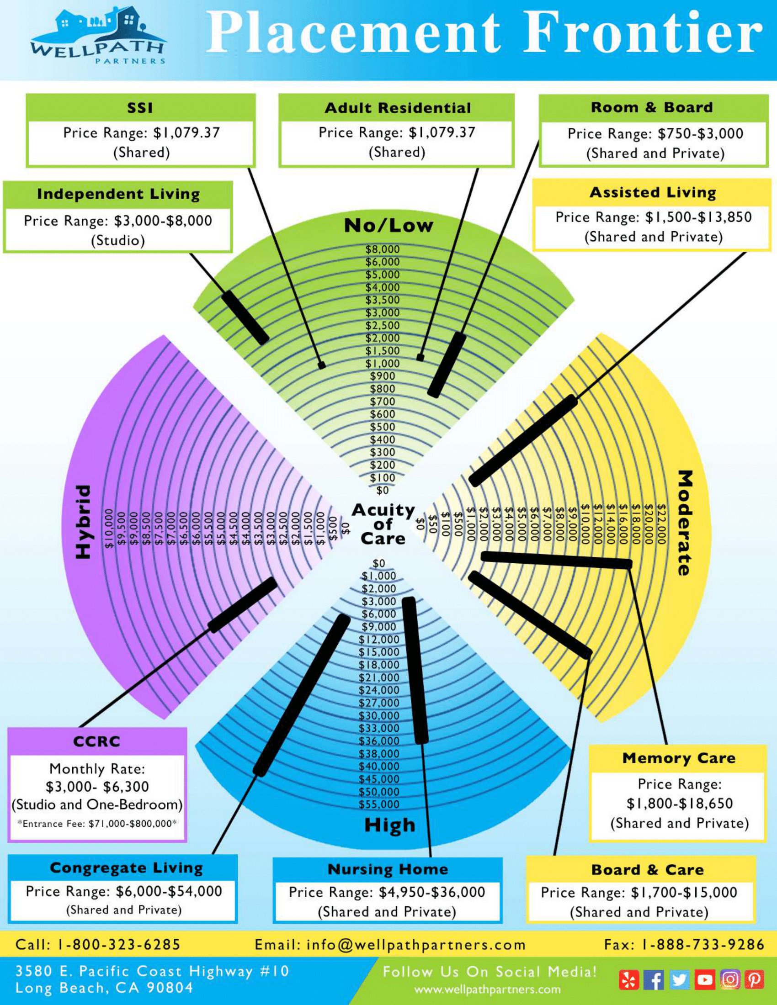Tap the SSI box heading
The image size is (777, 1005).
pyautogui.click(x=140, y=108)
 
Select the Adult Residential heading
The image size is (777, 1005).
pyautogui.click(x=398, y=108)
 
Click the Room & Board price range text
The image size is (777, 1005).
pyautogui.click(x=655, y=134)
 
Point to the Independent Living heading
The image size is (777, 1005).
pyautogui.click(x=118, y=194)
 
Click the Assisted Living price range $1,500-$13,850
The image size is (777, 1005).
pyautogui.click(x=653, y=217)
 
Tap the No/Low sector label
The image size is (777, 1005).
pyautogui.click(x=388, y=226)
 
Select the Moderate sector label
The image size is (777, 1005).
pyautogui.click(x=685, y=522)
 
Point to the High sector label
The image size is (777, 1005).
pyautogui.click(x=389, y=825)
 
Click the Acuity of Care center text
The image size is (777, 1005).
pyautogui.click(x=383, y=524)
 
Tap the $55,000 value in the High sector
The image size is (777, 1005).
pyautogui.click(x=379, y=804)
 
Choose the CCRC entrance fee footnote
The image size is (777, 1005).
pyautogui.click(x=97, y=824)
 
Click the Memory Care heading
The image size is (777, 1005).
pyautogui.click(x=678, y=758)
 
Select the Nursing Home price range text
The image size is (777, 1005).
pyautogui.click(x=387, y=892)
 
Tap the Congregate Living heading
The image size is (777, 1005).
pyautogui.click(x=126, y=868)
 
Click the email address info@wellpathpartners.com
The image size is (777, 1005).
pyautogui.click(x=390, y=945)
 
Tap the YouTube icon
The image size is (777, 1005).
pyautogui.click(x=704, y=980)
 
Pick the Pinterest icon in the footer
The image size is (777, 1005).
pyautogui.click(x=754, y=980)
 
